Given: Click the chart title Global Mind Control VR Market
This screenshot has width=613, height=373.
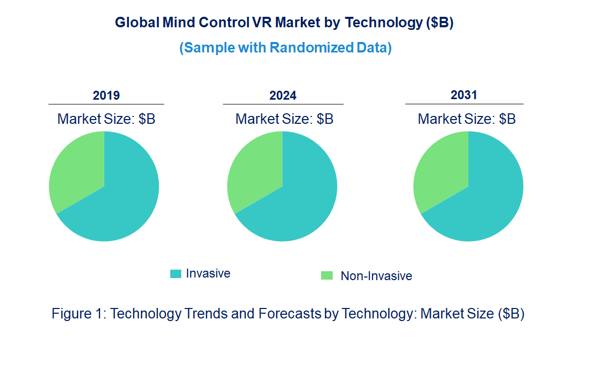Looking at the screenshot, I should (283, 23).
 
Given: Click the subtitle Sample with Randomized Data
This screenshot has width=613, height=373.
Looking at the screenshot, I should (286, 48).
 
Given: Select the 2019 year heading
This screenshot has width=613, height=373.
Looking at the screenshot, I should (106, 95).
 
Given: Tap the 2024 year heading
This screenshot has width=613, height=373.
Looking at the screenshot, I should (283, 95).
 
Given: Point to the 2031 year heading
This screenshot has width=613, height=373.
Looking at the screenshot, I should (464, 95).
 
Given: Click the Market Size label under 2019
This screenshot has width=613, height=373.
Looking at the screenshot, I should (106, 119).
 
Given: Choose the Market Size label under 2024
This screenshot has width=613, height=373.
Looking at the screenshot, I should (284, 119).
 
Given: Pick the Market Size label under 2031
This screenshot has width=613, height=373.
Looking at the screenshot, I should (466, 119).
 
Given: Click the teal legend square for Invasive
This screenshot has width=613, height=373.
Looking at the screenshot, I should (176, 274).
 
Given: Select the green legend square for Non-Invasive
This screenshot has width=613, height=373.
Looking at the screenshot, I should (327, 275).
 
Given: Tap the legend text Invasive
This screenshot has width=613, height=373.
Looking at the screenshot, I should (208, 273).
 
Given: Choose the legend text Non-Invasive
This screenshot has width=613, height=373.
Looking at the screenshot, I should (376, 276).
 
